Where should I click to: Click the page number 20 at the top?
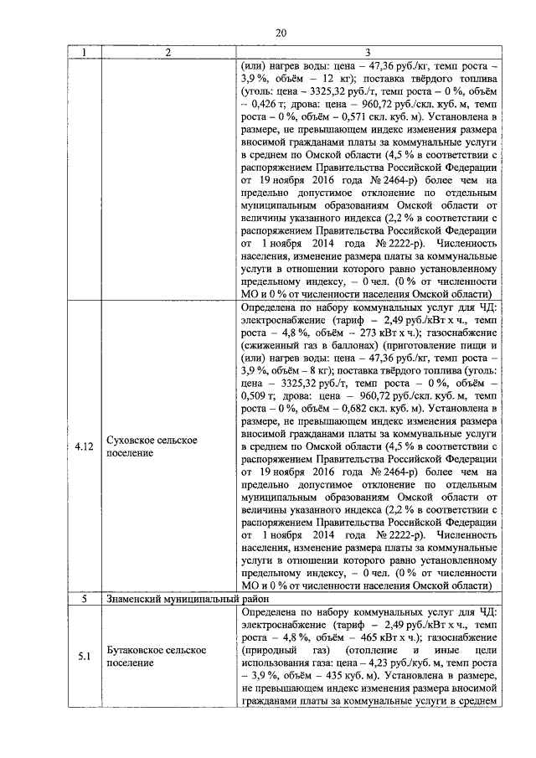point(281,32)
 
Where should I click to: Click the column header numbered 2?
point(167,52)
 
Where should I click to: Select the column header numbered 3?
point(368,52)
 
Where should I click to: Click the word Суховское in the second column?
point(133,440)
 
